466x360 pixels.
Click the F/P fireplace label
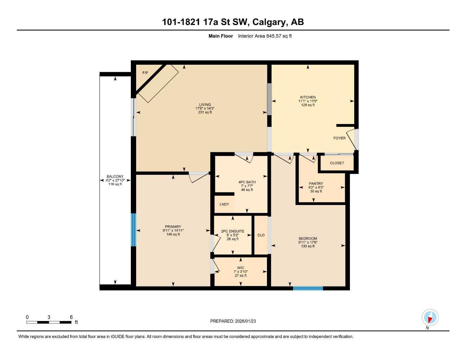pos(145,73)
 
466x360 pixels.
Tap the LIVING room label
pos(205,104)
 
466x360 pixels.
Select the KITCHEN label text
pos(308,97)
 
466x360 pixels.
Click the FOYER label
pos(339,138)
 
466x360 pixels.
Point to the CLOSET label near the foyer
pos(337,163)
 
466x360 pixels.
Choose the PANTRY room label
pos(316,184)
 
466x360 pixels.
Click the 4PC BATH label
pos(247,182)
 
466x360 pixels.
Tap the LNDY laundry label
pos(224,204)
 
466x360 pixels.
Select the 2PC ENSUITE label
pos(232,231)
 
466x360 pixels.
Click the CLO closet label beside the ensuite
pos(261,235)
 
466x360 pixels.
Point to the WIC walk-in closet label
pos(241,268)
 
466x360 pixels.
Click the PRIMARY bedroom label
pos(173,227)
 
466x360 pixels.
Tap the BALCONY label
pos(115,176)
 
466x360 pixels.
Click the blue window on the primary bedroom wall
pos(133,230)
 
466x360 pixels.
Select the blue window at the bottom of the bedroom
pos(308,288)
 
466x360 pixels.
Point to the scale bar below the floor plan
pos(49,322)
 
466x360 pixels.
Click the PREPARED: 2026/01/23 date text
pos(233,321)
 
